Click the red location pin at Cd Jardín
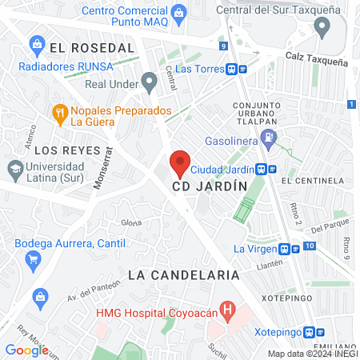pos(180,163)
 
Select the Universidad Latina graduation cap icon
pos(14,169)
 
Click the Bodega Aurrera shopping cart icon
pos(34,258)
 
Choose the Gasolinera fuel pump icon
pos(270,138)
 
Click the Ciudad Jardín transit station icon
pos(266,170)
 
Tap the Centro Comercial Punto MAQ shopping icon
pos(181,12)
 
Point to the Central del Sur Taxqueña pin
pos(322,29)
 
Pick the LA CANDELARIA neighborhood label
pos(184,274)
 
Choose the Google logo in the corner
pos(26,350)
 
